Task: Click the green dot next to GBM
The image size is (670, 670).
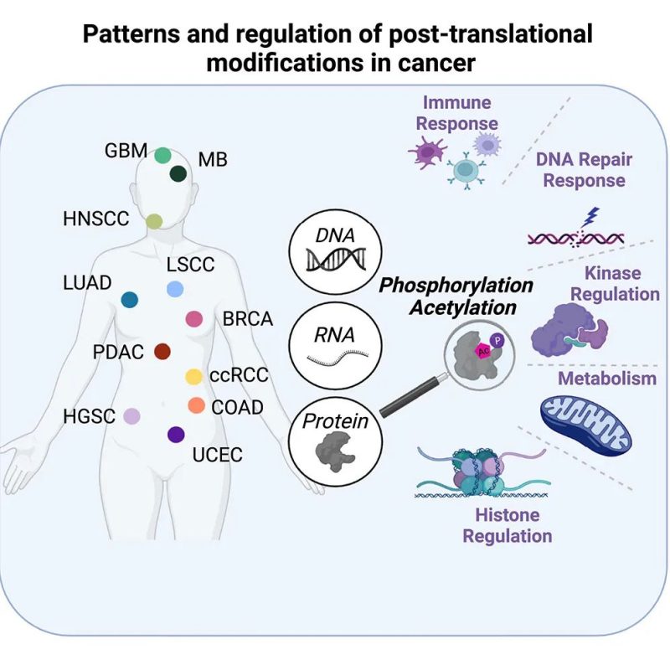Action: click(x=163, y=155)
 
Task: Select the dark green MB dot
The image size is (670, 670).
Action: click(x=178, y=173)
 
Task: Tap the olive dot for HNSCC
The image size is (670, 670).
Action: click(x=154, y=221)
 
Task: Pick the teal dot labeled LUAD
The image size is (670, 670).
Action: click(x=130, y=299)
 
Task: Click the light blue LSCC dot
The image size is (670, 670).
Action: click(x=175, y=289)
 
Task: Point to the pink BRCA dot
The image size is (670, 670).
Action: click(x=193, y=318)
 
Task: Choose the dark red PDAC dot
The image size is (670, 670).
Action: click(x=162, y=352)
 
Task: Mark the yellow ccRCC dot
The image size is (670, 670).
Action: click(x=193, y=377)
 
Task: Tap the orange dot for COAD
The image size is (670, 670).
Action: click(x=197, y=405)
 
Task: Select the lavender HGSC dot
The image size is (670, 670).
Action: click(x=131, y=415)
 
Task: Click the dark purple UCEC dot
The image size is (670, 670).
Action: click(x=176, y=434)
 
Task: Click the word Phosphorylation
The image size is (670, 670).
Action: click(x=456, y=285)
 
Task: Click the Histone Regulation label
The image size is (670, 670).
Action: click(x=508, y=525)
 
